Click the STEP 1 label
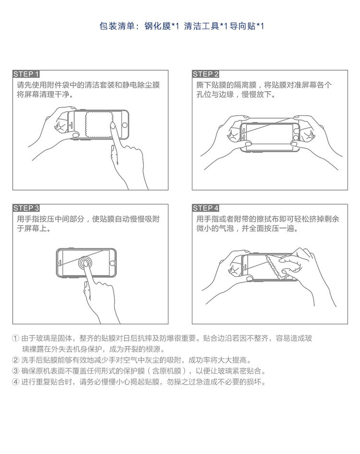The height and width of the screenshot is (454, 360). (26, 74)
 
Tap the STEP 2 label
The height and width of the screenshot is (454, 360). (205, 74)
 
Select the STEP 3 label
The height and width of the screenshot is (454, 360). (26, 208)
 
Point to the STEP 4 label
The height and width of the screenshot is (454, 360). (205, 208)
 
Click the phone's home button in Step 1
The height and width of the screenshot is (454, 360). (124, 125)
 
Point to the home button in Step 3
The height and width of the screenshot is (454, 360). (112, 263)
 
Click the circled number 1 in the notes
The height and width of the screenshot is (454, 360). (16, 338)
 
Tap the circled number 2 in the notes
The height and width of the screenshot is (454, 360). (16, 360)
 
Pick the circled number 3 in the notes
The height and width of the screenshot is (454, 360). (16, 371)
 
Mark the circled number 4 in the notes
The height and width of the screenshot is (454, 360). (16, 382)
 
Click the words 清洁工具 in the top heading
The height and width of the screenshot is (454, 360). (202, 26)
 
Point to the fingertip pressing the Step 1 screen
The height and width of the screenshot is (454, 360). (112, 125)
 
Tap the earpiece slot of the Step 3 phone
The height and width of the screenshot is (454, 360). (60, 263)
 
